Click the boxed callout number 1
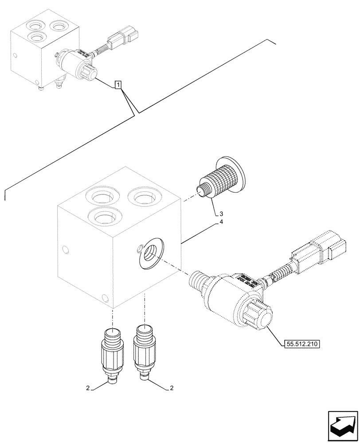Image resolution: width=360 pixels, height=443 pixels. pos(118,84)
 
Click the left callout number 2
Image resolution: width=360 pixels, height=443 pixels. pos(88,389)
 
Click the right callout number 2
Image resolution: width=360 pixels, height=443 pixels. pos(171,389)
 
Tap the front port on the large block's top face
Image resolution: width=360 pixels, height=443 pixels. pos(103,216)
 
